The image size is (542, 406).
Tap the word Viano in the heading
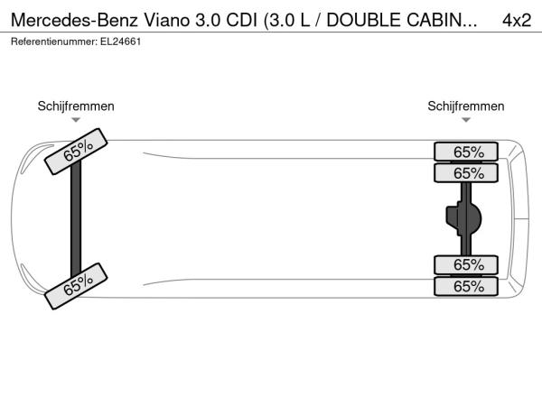(x=166, y=20)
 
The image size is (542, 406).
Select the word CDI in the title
(x=241, y=20)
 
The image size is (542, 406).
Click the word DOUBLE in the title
(x=364, y=20)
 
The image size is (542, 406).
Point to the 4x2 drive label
(x=517, y=20)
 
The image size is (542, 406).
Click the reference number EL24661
(x=121, y=42)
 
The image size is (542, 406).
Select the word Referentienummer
(x=54, y=42)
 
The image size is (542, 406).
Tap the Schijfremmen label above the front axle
(x=76, y=106)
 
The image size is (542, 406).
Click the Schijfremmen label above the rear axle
(x=466, y=106)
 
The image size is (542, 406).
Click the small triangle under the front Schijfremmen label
(x=76, y=120)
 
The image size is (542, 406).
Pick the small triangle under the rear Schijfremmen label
(x=466, y=120)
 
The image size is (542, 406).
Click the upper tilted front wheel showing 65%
(x=76, y=152)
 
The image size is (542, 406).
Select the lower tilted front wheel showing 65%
(x=76, y=286)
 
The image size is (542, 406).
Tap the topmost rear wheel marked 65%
(x=466, y=152)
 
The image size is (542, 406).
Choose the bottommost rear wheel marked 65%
(x=466, y=286)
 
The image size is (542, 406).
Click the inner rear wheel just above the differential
(x=466, y=173)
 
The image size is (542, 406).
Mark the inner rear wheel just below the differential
(x=466, y=264)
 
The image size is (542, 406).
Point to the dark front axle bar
(x=76, y=218)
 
